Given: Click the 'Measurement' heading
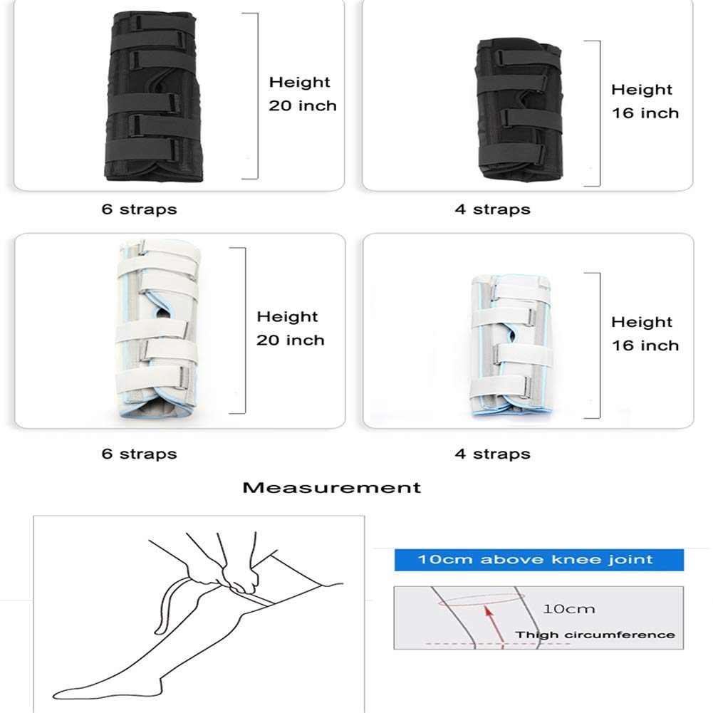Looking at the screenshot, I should click(x=331, y=488).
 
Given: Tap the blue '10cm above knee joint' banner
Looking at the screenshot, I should click(x=538, y=559).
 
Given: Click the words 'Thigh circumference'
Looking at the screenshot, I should click(x=595, y=635).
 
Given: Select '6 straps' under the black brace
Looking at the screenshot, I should click(x=139, y=209).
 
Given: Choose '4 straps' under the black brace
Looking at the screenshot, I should click(x=492, y=209).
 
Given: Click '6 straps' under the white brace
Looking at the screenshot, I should click(x=139, y=454).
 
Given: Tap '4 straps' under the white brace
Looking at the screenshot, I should click(x=492, y=454).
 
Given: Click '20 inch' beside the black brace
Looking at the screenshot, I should click(x=303, y=106).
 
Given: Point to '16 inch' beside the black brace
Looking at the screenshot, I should click(x=645, y=113).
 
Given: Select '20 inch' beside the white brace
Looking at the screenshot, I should click(x=291, y=340).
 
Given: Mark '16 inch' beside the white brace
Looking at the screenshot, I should click(x=645, y=345).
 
